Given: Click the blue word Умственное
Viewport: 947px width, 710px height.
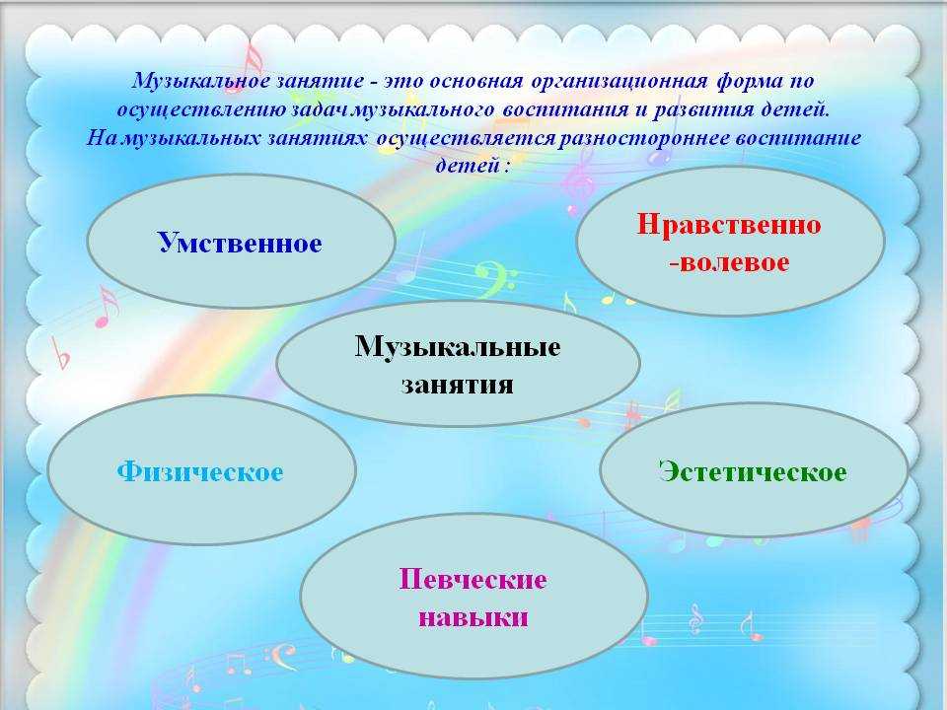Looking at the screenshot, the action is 240,243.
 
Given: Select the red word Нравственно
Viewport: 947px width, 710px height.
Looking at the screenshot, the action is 729,225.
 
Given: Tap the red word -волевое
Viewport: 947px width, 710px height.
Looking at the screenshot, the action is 729,262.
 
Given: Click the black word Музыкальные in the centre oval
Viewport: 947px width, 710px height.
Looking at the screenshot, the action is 457,347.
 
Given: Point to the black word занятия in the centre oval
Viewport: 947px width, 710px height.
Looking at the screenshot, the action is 457,385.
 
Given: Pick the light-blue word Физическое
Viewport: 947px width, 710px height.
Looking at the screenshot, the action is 200,471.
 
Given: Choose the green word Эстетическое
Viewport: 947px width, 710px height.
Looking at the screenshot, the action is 753,471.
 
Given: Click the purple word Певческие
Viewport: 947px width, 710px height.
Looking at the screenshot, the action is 473,579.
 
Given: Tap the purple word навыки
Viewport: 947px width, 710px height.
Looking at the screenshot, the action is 473,617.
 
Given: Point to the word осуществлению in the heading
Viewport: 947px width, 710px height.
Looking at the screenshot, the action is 201,110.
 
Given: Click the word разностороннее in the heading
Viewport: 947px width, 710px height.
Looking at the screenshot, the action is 644,138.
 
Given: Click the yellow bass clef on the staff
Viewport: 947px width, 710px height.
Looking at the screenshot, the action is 495,279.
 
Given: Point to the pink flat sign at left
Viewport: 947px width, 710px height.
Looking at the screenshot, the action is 60,353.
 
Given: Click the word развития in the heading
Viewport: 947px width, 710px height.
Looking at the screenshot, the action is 704,110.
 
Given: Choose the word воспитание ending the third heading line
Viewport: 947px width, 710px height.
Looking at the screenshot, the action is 798,138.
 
